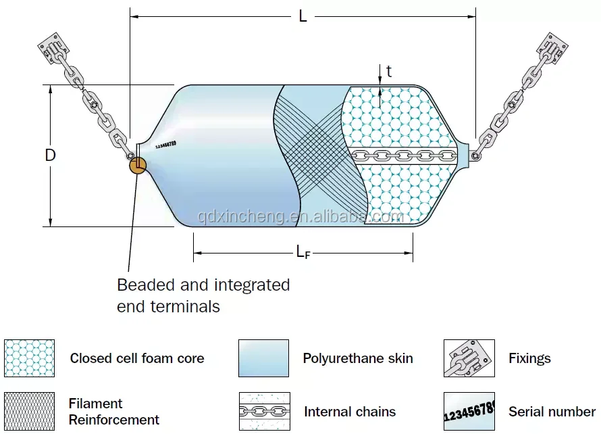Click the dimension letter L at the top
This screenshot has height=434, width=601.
[303, 16]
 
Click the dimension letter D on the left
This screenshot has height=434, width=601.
[50, 155]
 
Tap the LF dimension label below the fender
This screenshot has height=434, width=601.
[303, 252]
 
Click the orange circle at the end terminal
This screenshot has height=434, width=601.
[138, 164]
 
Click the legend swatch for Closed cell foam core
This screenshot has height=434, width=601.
[29, 358]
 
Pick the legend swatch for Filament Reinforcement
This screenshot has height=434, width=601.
[29, 410]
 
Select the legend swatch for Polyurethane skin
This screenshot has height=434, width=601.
[263, 358]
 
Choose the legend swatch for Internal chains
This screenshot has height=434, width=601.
[263, 411]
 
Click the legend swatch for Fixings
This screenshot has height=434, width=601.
[469, 358]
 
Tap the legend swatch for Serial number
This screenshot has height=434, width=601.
[469, 411]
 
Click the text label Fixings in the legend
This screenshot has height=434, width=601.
[529, 358]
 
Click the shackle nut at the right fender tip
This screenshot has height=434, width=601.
[475, 156]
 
